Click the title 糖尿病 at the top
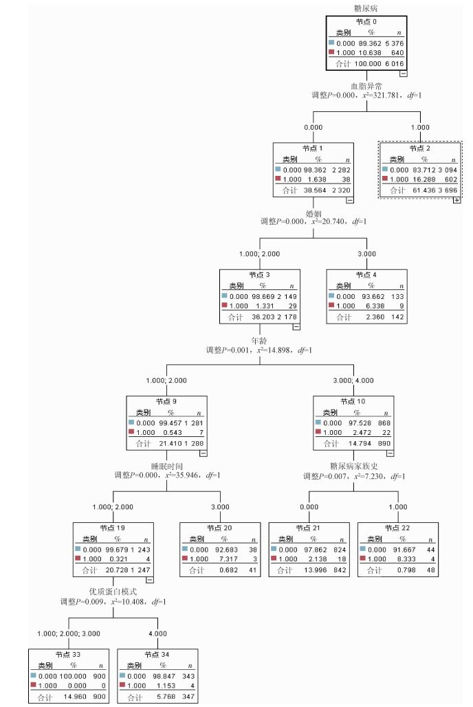[365, 8]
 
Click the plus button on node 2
[456, 200]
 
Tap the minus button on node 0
[403, 73]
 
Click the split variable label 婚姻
[313, 213]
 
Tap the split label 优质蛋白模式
[111, 592]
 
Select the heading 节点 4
[366, 275]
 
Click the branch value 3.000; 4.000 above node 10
[353, 381]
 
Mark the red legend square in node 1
[278, 178]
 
